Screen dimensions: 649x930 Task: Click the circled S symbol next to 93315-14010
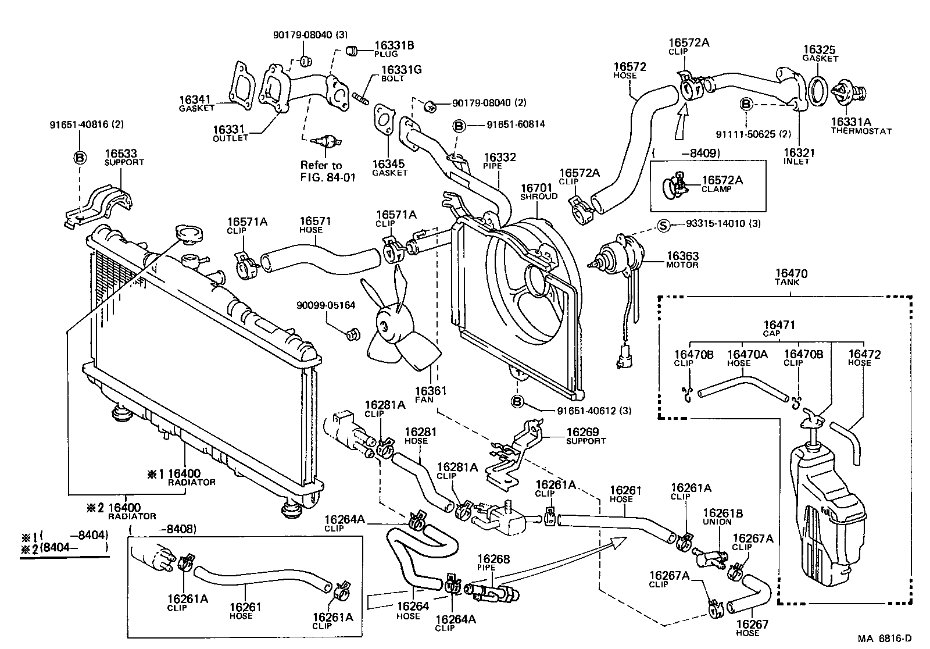click(664, 226)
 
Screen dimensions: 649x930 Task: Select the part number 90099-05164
click(325, 305)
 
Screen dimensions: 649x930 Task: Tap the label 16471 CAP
click(778, 329)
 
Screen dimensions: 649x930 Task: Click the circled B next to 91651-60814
click(459, 125)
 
